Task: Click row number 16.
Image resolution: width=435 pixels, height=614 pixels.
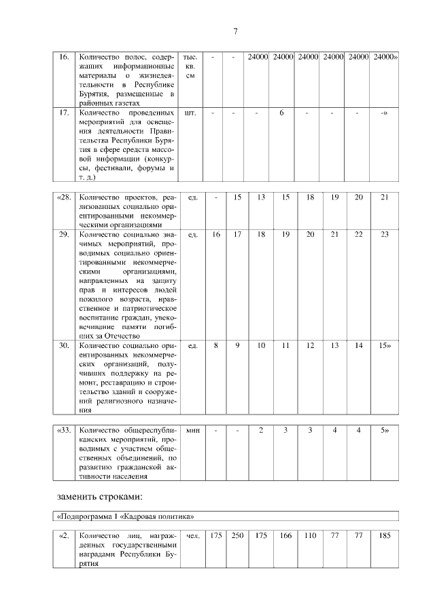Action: click(64, 58)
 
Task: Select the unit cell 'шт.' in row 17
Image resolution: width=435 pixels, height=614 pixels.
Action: click(190, 113)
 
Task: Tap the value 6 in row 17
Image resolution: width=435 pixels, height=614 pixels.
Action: click(281, 113)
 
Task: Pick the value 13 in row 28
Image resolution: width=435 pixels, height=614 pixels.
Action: click(261, 197)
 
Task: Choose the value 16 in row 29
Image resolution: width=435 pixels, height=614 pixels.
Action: click(216, 234)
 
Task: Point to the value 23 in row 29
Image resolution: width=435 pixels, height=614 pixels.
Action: click(384, 234)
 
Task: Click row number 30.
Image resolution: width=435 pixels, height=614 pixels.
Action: click(64, 345)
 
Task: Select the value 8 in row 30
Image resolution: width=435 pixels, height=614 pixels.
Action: click(216, 345)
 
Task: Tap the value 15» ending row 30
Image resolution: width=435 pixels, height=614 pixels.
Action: click(384, 345)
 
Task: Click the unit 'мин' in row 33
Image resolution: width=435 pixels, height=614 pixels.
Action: click(192, 429)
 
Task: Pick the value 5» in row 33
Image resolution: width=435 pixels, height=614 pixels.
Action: click(384, 429)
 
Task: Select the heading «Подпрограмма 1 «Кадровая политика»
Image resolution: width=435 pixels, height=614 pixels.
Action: click(124, 516)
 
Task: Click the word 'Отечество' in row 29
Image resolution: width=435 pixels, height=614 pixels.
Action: click(121, 336)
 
